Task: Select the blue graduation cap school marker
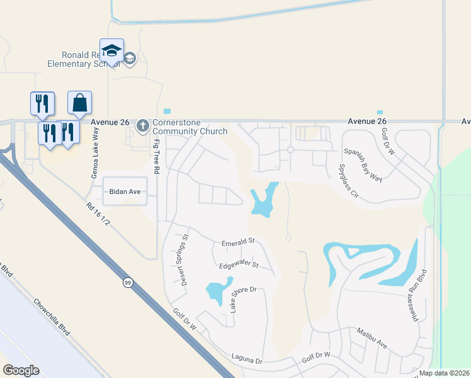111,51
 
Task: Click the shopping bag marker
80,103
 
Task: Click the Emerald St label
238,241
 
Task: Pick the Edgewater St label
239,265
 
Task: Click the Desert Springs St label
185,260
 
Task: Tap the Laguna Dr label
246,360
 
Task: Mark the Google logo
21,370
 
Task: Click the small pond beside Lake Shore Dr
216,291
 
